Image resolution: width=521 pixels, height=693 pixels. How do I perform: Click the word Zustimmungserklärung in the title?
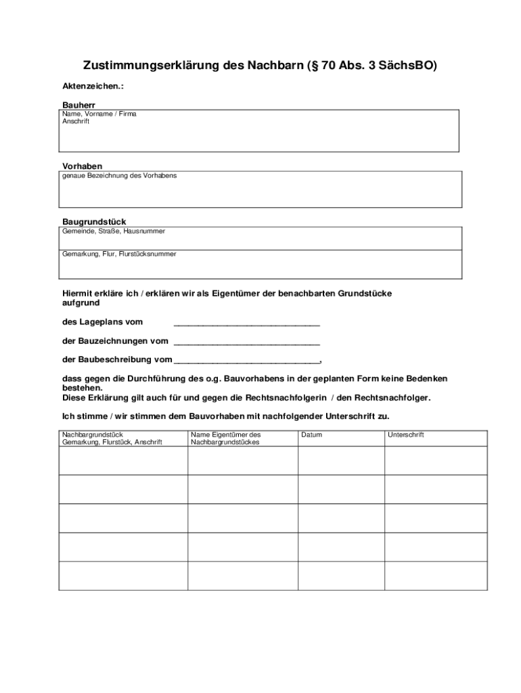click(151, 66)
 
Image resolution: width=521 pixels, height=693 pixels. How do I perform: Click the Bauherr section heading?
click(78, 106)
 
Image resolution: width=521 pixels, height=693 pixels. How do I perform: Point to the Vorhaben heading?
click(83, 166)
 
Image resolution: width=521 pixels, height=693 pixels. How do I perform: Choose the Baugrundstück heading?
click(94, 221)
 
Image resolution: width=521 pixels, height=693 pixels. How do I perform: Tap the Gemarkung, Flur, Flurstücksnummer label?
click(119, 254)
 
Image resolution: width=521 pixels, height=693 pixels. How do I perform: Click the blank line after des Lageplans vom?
click(246, 323)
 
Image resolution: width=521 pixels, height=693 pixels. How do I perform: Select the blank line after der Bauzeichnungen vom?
click(246, 342)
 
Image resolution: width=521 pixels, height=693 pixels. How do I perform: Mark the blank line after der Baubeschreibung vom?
click(246, 361)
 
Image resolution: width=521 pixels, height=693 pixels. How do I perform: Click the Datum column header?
click(312, 434)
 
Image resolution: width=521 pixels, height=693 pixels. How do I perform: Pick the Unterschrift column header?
click(406, 434)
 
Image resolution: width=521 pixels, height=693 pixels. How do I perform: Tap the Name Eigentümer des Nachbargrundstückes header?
click(226, 439)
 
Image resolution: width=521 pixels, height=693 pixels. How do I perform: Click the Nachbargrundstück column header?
click(112, 439)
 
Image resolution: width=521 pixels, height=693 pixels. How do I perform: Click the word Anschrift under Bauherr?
click(76, 122)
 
